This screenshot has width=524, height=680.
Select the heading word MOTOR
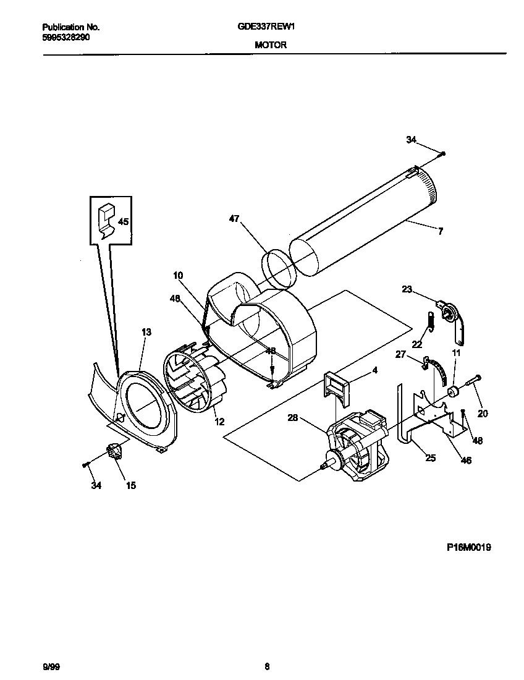(270, 45)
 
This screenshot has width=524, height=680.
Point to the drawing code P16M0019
(469, 547)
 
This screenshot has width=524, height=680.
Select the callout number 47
(234, 219)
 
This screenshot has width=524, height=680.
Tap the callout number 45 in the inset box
(124, 221)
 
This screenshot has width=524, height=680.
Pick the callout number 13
(146, 332)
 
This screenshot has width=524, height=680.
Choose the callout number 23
(407, 289)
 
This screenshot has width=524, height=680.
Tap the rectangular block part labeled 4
(336, 388)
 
